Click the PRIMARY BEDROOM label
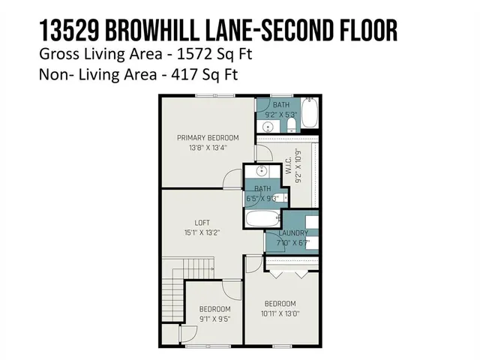pos(208,137)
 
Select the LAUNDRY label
pos(292,233)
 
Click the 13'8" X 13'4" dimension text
pos(208,148)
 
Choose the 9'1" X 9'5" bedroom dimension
pos(214,318)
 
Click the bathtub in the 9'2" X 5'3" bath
pos(311,115)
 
